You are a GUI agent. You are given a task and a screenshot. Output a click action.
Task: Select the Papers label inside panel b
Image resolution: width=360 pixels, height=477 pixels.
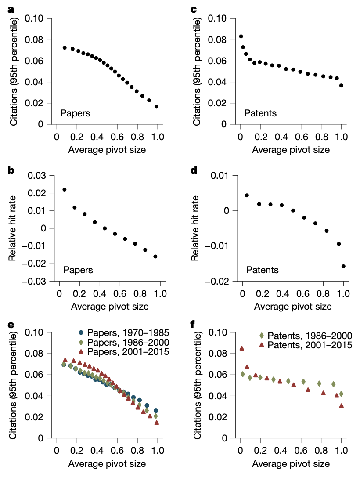(x=78, y=270)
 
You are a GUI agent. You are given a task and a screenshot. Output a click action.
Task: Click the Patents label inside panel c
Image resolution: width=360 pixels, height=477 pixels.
(x=260, y=113)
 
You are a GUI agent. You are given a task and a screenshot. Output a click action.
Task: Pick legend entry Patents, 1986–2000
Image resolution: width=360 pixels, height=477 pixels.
(x=302, y=336)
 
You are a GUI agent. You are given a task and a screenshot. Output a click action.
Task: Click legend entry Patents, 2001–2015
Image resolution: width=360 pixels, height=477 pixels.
(x=302, y=345)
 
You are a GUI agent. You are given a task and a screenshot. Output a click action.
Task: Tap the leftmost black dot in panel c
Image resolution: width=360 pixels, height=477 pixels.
(x=241, y=36)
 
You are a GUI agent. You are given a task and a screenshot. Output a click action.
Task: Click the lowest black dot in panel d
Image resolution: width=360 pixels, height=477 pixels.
(x=343, y=266)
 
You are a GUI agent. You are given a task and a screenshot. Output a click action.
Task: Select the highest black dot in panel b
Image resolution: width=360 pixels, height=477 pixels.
(x=65, y=190)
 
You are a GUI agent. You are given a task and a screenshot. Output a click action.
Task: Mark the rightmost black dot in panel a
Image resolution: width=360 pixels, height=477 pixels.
(x=156, y=107)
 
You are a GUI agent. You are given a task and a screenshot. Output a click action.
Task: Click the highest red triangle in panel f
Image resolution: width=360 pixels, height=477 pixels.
(x=242, y=348)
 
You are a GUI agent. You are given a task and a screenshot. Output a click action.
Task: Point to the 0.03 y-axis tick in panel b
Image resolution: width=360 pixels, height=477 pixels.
(x=37, y=176)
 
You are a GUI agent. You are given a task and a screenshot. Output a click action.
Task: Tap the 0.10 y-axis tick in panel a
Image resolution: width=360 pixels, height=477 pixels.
(x=37, y=18)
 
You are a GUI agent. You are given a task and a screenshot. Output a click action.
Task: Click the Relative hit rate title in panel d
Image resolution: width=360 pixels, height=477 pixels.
(x=196, y=228)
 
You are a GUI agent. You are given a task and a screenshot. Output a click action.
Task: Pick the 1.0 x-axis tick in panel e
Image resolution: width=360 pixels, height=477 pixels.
(x=157, y=450)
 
